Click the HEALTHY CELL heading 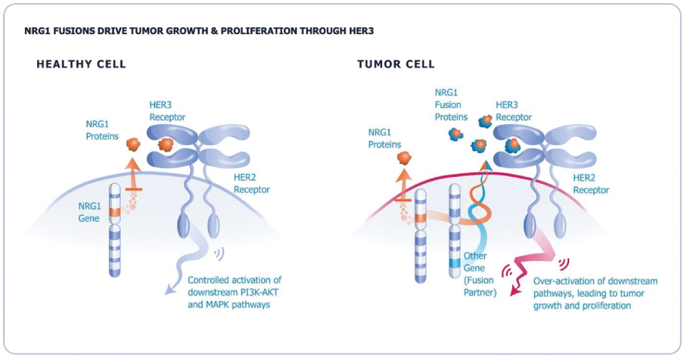pos(81,64)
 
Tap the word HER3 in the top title pos(361,31)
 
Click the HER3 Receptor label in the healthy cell pos(164,112)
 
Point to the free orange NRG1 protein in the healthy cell pos(133,143)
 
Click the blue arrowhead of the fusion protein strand pos(481,163)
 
